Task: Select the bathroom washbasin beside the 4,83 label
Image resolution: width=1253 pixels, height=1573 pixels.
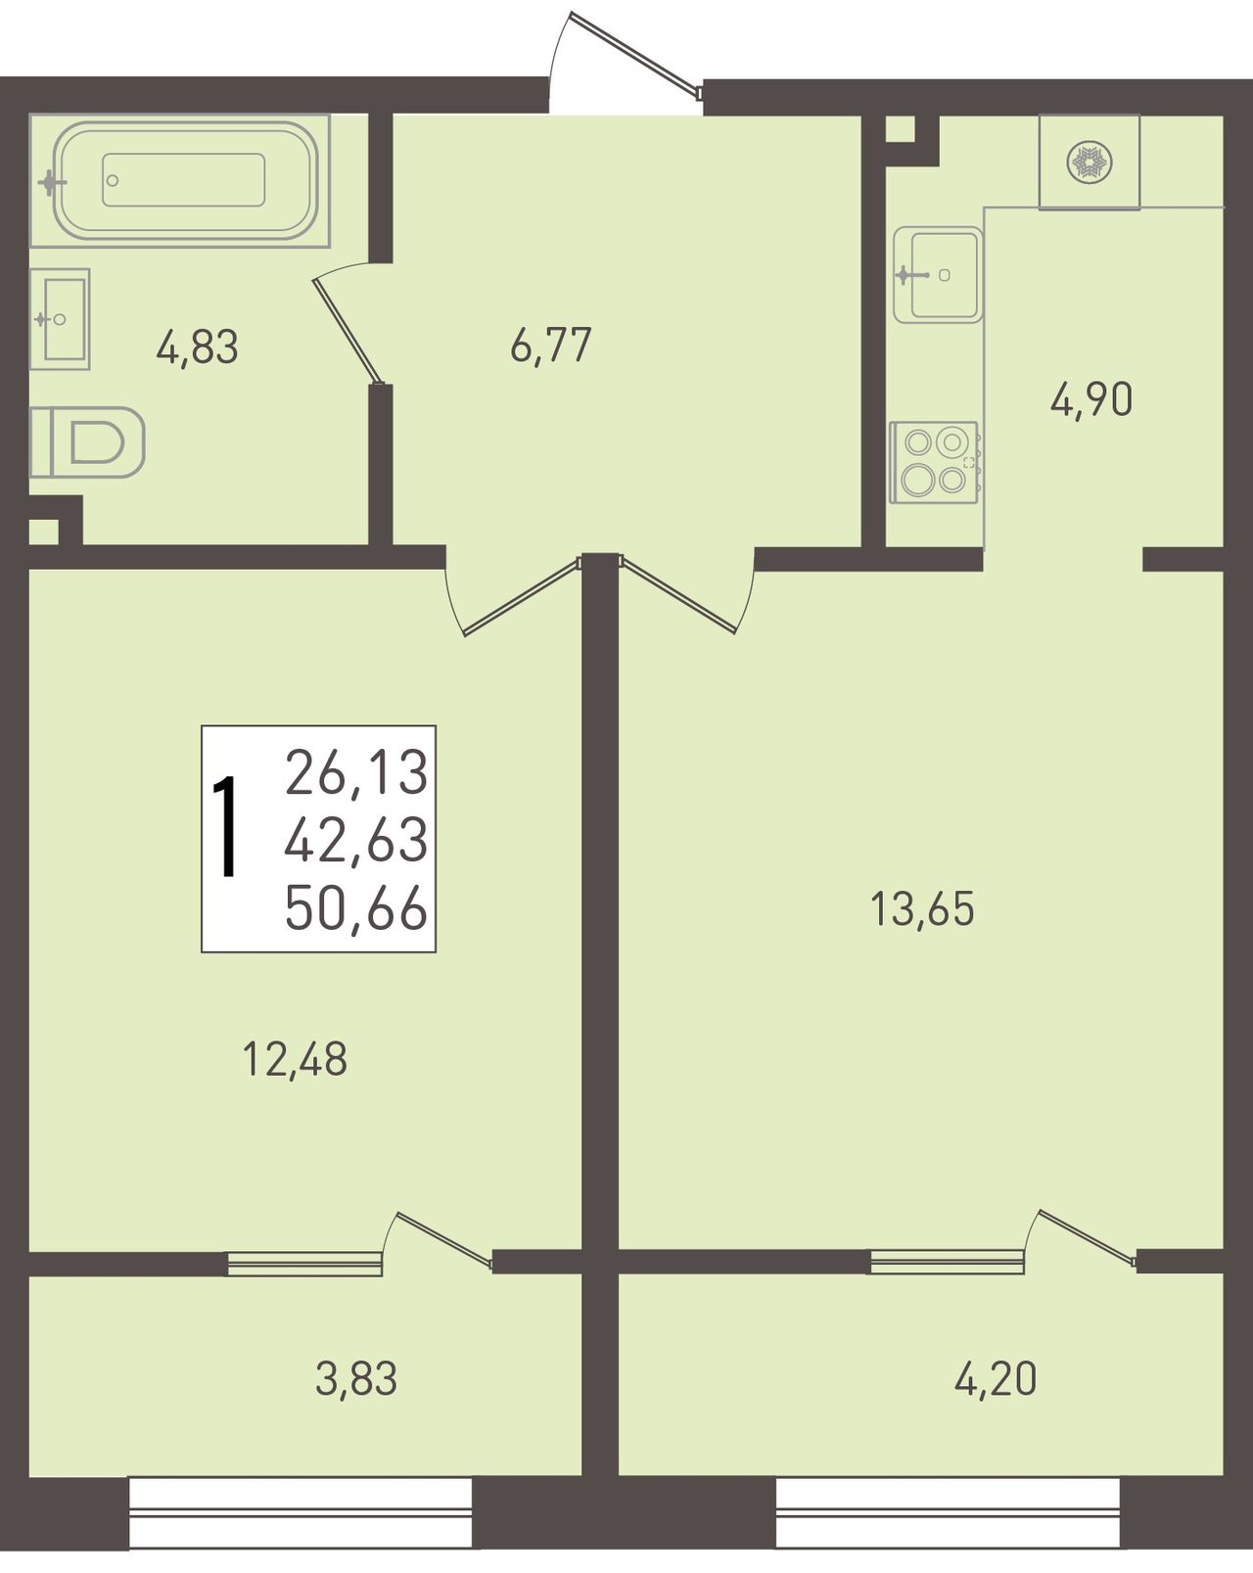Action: pos(59,319)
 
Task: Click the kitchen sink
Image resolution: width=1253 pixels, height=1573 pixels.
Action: pos(938,275)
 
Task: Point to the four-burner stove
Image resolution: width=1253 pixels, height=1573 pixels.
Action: pos(934,462)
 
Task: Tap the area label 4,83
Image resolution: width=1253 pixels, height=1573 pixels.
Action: pos(198,347)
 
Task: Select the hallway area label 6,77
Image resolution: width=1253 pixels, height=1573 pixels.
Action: pos(551,345)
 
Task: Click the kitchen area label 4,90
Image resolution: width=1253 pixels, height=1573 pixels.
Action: pos(1091,400)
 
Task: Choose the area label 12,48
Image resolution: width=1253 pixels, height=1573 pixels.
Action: pos(295,1060)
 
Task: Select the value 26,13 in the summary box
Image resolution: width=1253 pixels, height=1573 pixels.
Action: pos(356,772)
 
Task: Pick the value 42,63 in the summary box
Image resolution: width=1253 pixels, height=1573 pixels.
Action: pos(356,841)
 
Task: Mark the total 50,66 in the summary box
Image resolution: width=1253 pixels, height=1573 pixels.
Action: pos(356,908)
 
